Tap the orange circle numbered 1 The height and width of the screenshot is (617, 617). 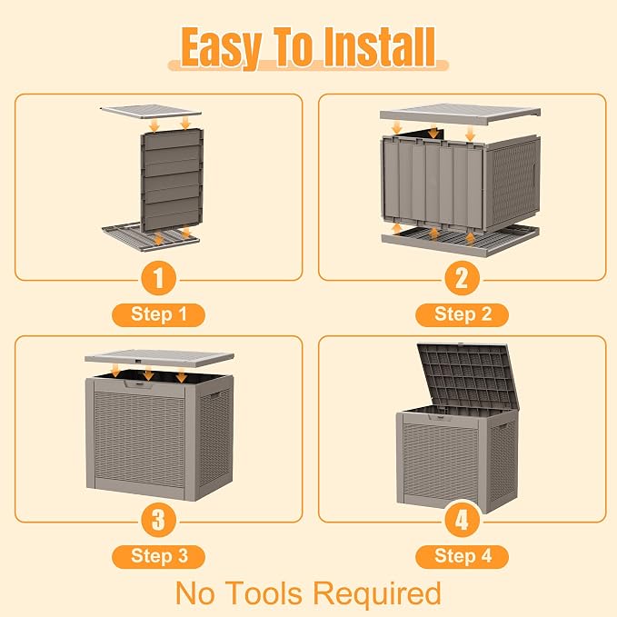tap(159, 278)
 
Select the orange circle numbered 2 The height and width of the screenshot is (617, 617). tap(462, 278)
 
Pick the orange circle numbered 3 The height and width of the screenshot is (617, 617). tap(159, 520)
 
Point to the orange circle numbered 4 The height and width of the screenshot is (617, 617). tap(462, 520)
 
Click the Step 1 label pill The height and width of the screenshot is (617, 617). tap(159, 314)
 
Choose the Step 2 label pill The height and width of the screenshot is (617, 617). tap(462, 314)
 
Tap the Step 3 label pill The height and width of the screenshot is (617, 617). tap(159, 556)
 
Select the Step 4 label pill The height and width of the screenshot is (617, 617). tap(462, 556)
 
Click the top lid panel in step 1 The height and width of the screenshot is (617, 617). tap(151, 112)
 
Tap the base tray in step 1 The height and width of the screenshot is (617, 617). tap(151, 237)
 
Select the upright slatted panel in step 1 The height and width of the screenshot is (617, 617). tap(172, 180)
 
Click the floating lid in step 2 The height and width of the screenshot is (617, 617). tap(460, 114)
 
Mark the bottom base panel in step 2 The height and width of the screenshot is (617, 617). tap(460, 240)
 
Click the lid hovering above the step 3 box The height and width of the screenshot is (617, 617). tap(159, 358)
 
